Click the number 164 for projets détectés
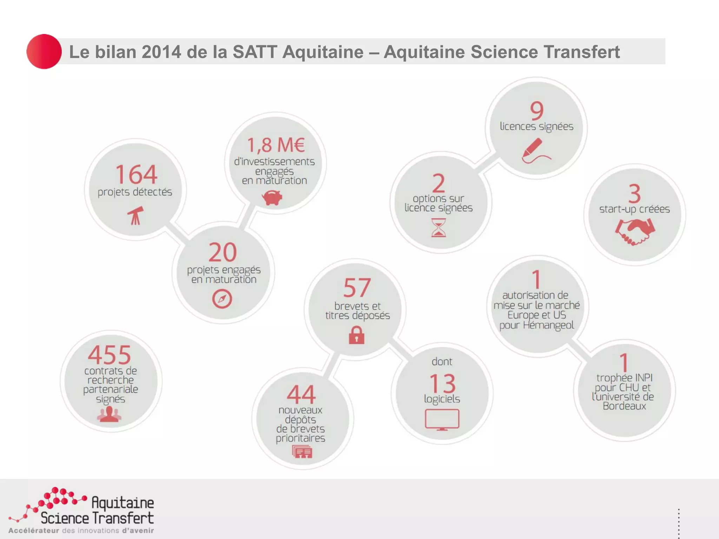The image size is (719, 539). [x=136, y=174]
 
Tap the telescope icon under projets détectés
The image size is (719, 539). [x=136, y=215]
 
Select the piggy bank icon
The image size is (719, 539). [x=272, y=197]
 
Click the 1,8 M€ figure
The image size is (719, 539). [x=276, y=145]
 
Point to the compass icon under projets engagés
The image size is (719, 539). [x=222, y=299]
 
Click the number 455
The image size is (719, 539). [x=110, y=355]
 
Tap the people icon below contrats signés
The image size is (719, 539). [x=109, y=414]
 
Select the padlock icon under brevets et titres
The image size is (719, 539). [x=356, y=335]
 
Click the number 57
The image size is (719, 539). [x=357, y=288]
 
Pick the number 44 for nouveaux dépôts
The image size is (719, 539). [x=301, y=394]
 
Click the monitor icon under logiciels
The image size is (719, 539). [x=442, y=419]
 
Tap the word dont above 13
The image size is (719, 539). [x=442, y=361]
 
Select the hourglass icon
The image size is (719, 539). [x=438, y=228]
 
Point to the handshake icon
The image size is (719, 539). [x=635, y=232]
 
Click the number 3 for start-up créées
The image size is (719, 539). [x=634, y=193]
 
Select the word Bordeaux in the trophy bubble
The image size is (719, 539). [x=624, y=406]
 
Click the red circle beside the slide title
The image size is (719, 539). [x=44, y=52]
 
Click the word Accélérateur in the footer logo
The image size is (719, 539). [x=34, y=531]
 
